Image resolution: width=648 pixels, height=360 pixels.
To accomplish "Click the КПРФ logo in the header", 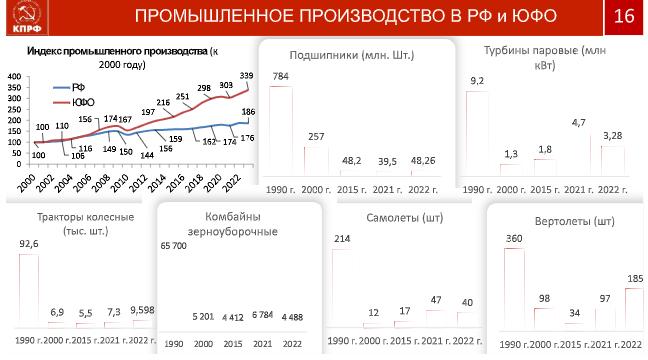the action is tap(27, 17).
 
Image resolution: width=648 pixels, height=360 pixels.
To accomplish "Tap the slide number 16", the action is tap(624, 16).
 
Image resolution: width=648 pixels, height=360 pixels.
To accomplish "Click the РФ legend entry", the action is tap(69, 88).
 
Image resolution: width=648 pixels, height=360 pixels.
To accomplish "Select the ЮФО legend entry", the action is tap(74, 103).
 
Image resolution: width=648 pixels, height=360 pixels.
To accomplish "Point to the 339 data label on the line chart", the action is tap(246, 76).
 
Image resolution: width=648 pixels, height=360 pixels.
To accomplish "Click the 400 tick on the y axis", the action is tap(14, 76).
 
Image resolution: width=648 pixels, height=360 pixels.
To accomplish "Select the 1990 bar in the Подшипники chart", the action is tap(281, 131).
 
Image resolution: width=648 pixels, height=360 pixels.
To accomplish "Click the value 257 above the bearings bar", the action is tap(316, 137).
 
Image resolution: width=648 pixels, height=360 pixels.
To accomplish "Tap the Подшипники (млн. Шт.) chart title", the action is tap(352, 55).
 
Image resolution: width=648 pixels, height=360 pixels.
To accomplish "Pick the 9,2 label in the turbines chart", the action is tap(477, 81).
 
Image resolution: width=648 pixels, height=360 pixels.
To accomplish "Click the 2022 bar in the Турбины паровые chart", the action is tap(612, 161).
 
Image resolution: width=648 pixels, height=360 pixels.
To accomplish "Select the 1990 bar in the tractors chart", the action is tap(29, 288).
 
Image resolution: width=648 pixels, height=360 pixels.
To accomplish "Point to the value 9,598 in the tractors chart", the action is tap(142, 310).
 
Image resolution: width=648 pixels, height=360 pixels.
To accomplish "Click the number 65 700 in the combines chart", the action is tap(174, 246).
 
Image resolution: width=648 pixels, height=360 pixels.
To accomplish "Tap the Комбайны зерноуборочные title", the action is tap(233, 224).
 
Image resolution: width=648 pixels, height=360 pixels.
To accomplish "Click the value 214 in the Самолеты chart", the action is tap(342, 238).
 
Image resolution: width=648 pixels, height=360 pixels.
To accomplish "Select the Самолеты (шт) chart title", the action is tap(405, 218).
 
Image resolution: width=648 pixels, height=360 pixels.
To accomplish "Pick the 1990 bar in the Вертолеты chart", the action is tap(514, 288).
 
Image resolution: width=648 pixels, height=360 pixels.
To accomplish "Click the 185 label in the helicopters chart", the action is tap(635, 279).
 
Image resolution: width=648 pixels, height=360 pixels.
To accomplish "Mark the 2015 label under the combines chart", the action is tap(233, 344).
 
